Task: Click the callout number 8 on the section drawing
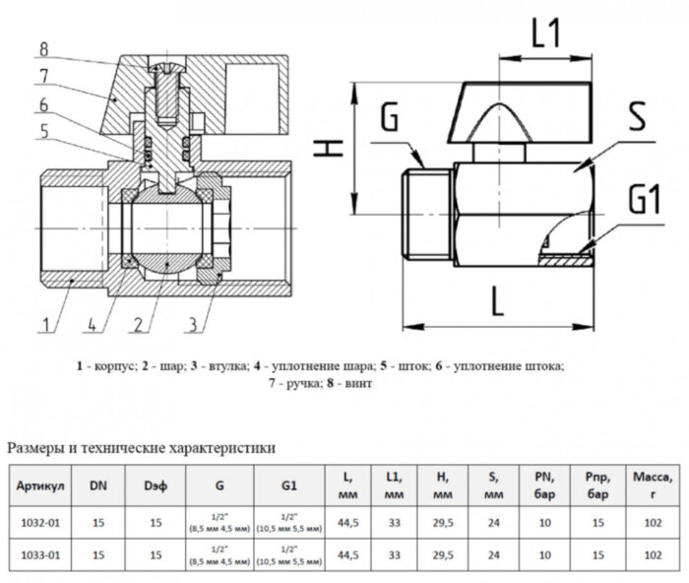pos(45,47)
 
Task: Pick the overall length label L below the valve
pos(497,300)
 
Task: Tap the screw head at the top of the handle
pos(165,64)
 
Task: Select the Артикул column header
pos(41,486)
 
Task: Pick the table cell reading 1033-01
pos(41,554)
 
